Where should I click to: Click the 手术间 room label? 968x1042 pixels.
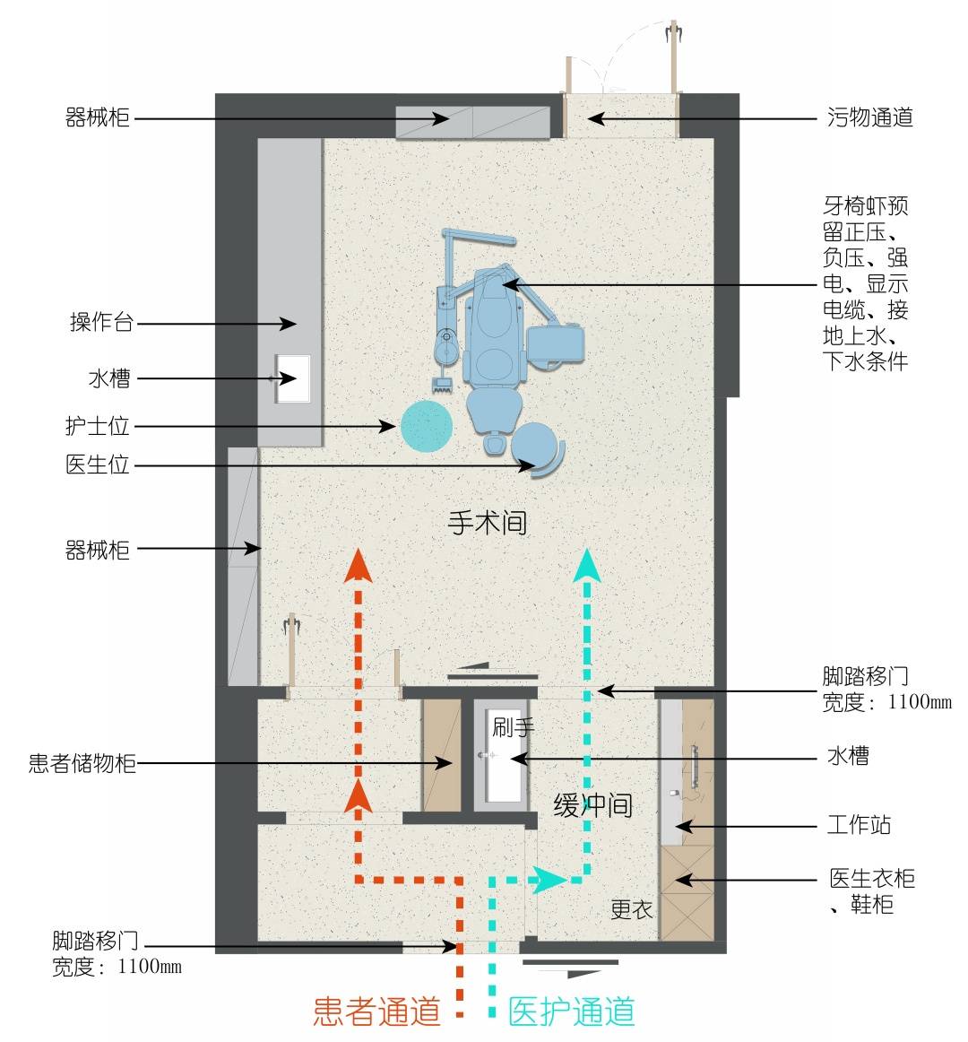click(x=487, y=522)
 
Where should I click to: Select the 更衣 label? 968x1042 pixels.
click(x=631, y=909)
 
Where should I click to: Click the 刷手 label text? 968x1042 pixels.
click(x=513, y=727)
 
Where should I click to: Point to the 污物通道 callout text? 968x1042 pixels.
click(x=869, y=117)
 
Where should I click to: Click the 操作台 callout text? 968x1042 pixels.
click(x=101, y=323)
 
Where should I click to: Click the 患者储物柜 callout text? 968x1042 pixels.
click(x=82, y=763)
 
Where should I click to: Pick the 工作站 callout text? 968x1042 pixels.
click(x=858, y=825)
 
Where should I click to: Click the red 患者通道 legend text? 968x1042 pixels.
click(x=376, y=1012)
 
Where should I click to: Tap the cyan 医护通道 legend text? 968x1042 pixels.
click(x=572, y=1012)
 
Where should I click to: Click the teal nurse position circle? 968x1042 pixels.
click(x=425, y=426)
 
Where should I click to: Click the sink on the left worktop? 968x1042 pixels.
click(x=292, y=378)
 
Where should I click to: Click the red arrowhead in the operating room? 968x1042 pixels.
click(x=359, y=567)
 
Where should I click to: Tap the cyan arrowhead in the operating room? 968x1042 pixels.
click(x=588, y=565)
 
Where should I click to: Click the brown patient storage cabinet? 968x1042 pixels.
click(x=441, y=755)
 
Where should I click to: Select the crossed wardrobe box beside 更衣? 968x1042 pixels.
click(x=686, y=892)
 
